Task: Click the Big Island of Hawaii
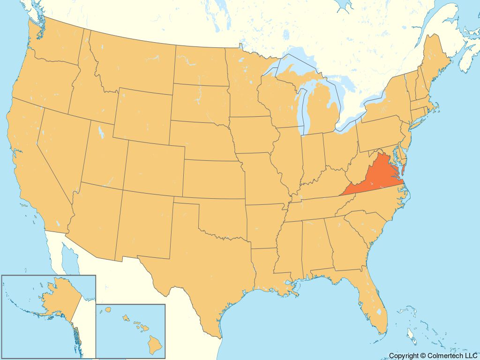pyautogui.click(x=155, y=345)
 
